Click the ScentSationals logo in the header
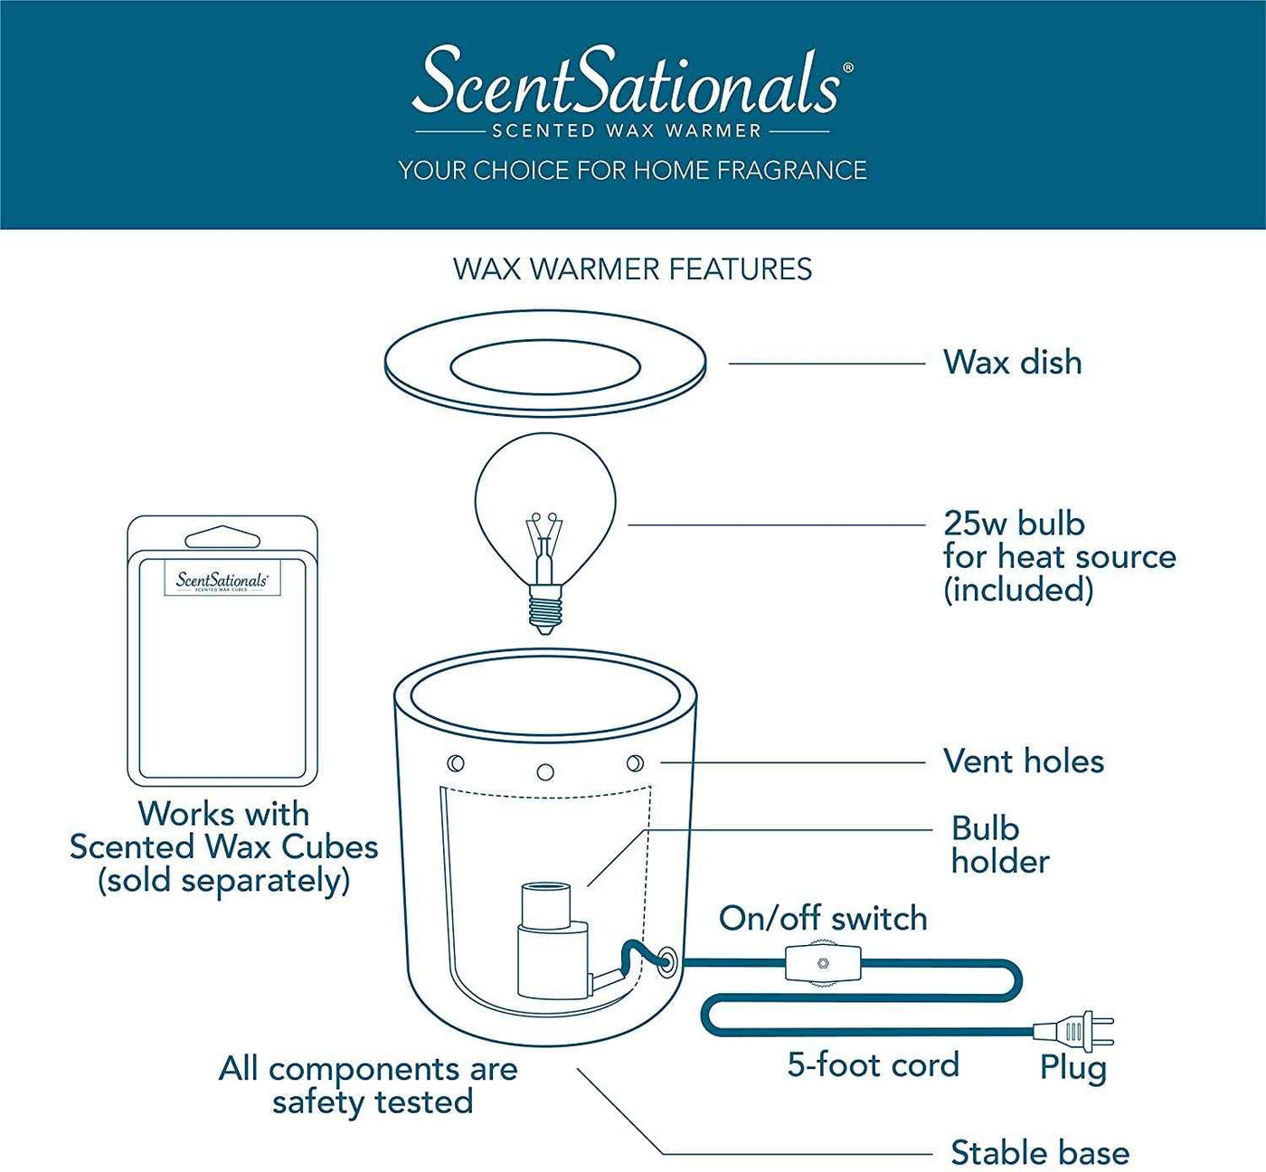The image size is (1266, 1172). (x=631, y=83)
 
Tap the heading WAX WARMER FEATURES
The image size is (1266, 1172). (x=632, y=269)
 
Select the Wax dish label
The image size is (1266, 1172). (x=1012, y=363)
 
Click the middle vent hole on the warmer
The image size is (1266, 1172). (x=545, y=772)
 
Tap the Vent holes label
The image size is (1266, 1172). (x=1023, y=761)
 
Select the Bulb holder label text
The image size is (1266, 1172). (x=998, y=845)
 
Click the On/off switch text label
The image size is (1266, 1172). (x=823, y=919)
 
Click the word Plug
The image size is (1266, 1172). (x=1072, y=1068)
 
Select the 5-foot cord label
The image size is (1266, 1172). (x=873, y=1065)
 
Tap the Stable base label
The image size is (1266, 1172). (x=1039, y=1153)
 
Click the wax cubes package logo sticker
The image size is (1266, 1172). (x=222, y=580)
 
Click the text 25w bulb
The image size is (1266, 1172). (x=1014, y=524)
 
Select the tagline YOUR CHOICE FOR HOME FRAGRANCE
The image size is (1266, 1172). (x=632, y=170)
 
